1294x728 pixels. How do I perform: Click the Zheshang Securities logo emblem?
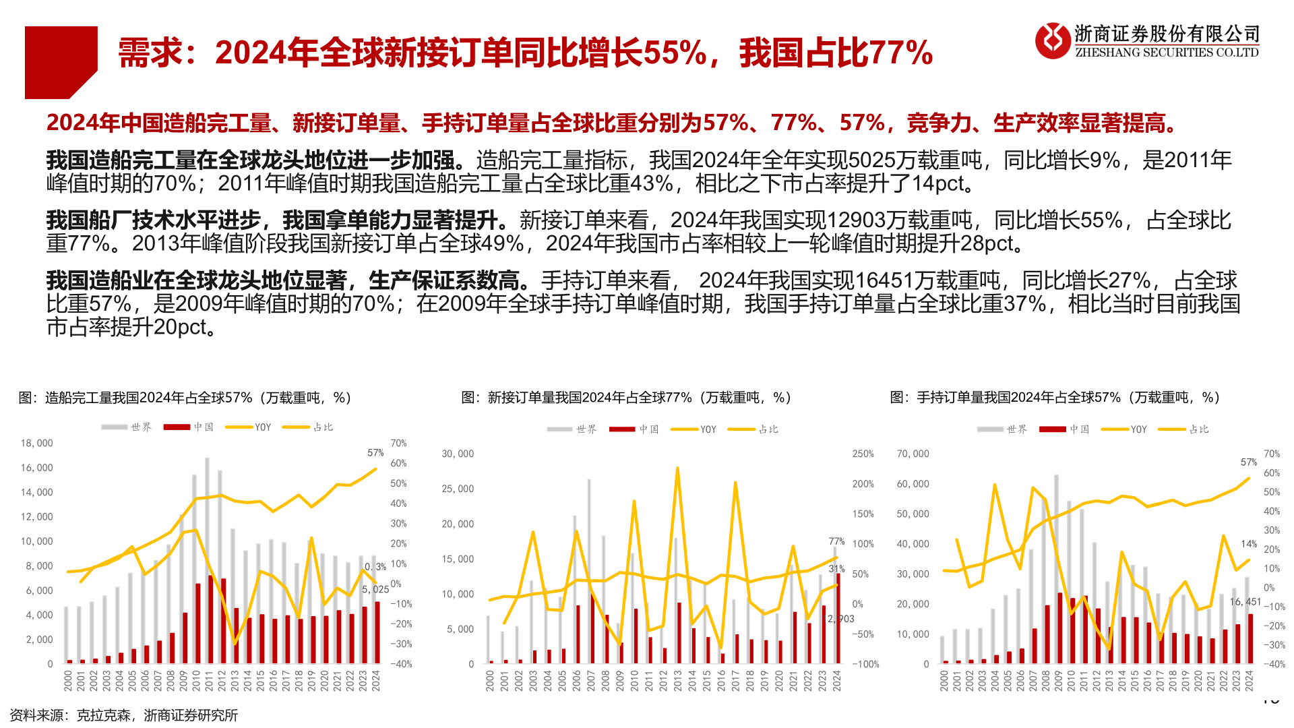(x=1052, y=40)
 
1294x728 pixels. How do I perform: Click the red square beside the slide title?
(x=61, y=62)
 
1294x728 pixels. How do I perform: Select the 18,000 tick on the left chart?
(x=36, y=444)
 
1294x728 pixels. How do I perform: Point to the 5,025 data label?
(x=375, y=590)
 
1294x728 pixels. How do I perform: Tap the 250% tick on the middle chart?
(x=863, y=454)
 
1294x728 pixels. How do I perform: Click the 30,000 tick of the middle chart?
(x=458, y=454)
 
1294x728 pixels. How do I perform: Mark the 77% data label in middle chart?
(x=836, y=542)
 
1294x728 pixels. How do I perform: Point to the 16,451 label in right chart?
(x=1245, y=602)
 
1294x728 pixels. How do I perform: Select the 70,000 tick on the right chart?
(x=913, y=454)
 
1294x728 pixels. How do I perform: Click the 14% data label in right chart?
(x=1248, y=544)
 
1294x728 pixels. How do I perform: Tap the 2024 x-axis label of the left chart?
(x=376, y=680)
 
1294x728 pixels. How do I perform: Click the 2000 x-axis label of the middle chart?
(x=490, y=680)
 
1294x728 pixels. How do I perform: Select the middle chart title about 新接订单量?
(x=626, y=398)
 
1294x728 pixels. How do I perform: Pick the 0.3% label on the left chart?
(x=375, y=567)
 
